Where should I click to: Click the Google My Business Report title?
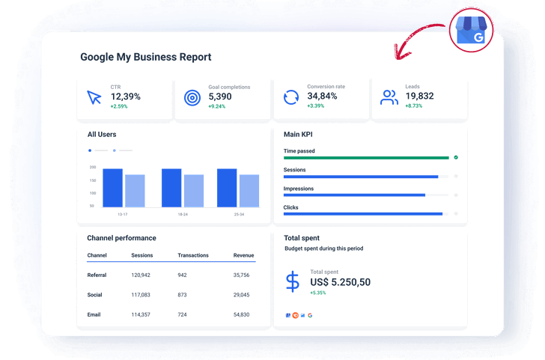pyautogui.click(x=146, y=57)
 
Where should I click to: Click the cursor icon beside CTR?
pyautogui.click(x=94, y=97)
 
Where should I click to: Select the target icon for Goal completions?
pyautogui.click(x=192, y=97)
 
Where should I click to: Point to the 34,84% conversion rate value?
pyautogui.click(x=323, y=97)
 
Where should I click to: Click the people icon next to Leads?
pyautogui.click(x=389, y=97)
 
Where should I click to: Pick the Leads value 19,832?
pyautogui.click(x=419, y=97)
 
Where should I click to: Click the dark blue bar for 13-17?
pyautogui.click(x=112, y=188)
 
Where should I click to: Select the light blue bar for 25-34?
pyautogui.click(x=249, y=191)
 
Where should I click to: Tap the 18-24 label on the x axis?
pyautogui.click(x=183, y=215)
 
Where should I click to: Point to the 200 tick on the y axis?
pyautogui.click(x=92, y=167)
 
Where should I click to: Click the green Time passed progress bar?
pyautogui.click(x=366, y=158)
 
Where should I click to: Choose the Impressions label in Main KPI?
pyautogui.click(x=299, y=189)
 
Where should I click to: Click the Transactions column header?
pyautogui.click(x=193, y=255)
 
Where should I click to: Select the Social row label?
pyautogui.click(x=95, y=295)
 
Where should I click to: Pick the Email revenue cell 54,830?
pyautogui.click(x=241, y=314)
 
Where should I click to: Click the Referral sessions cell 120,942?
pyautogui.click(x=141, y=275)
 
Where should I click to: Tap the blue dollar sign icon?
pyautogui.click(x=293, y=281)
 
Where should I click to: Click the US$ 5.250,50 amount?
pyautogui.click(x=340, y=282)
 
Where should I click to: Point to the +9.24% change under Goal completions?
pyautogui.click(x=216, y=106)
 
